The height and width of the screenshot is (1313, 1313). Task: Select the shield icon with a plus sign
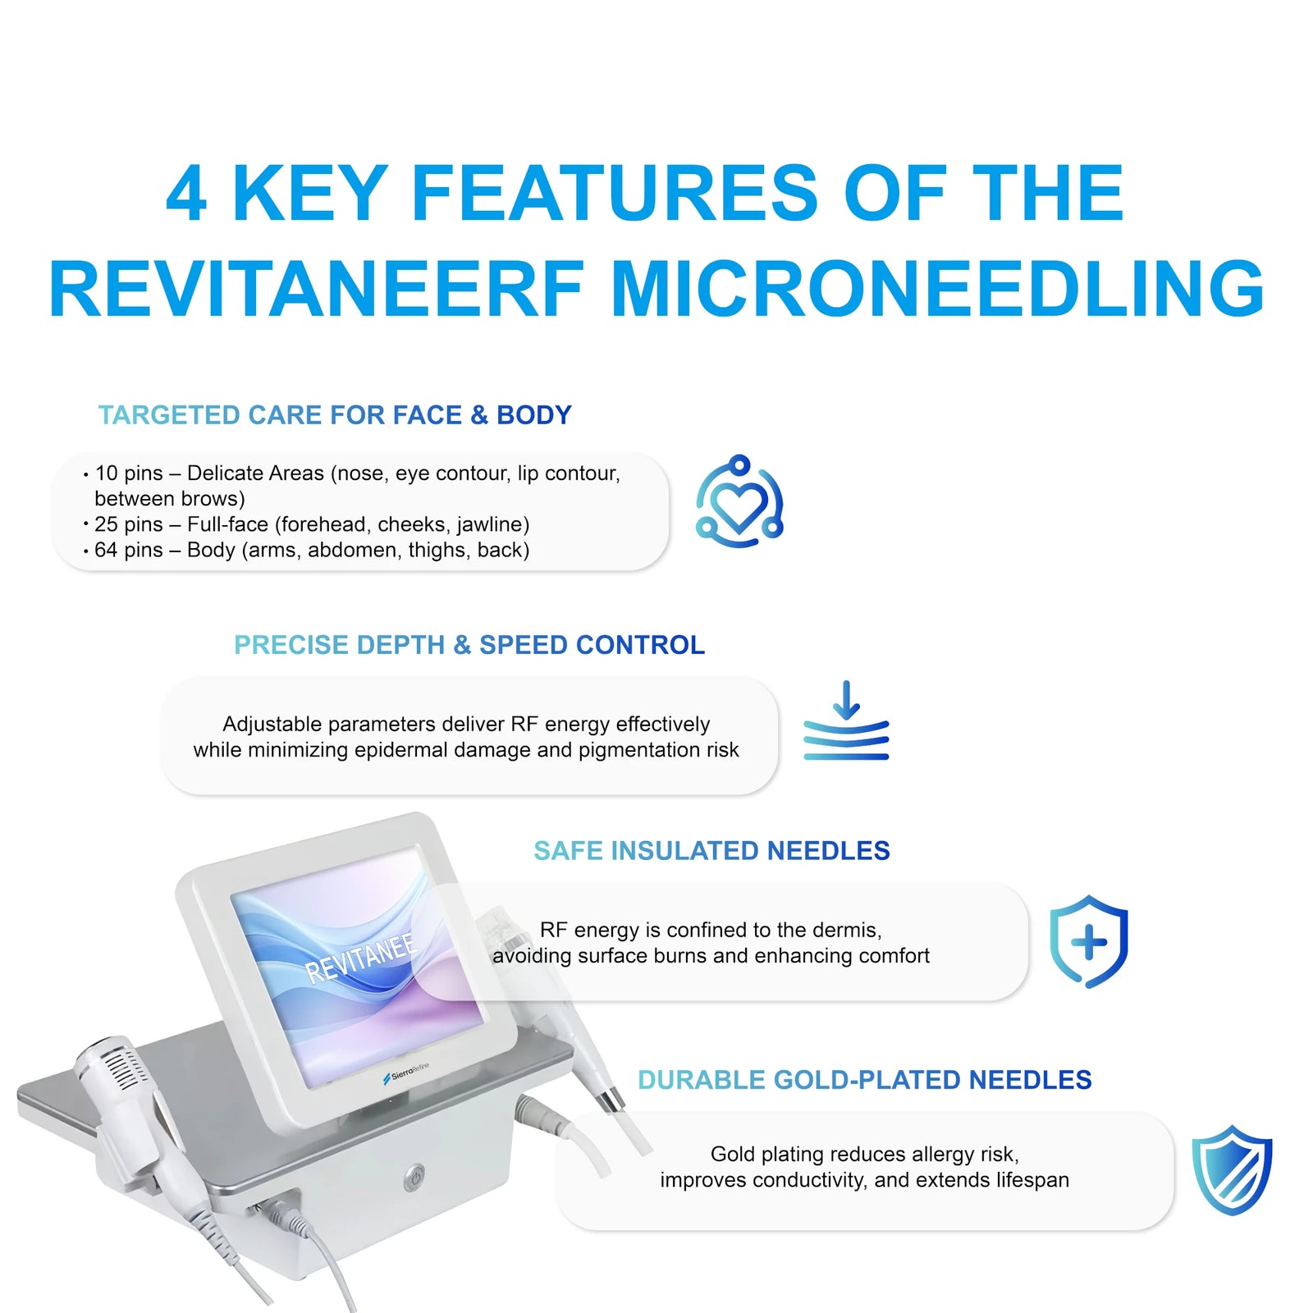click(x=1089, y=941)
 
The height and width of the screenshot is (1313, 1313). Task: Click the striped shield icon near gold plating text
click(x=1232, y=1170)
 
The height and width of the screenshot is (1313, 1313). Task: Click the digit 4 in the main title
click(x=186, y=194)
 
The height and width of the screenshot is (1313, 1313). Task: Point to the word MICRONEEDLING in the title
click(x=937, y=289)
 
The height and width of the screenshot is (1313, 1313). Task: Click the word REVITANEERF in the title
click(x=317, y=289)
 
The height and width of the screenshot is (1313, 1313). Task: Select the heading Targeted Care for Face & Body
click(x=335, y=415)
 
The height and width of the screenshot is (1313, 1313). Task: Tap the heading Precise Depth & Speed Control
click(x=469, y=645)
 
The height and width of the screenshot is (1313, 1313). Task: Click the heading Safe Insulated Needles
click(x=711, y=851)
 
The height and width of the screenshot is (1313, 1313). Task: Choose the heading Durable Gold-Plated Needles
click(x=865, y=1080)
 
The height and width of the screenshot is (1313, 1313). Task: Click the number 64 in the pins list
click(x=106, y=550)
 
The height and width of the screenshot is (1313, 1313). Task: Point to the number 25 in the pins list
click(x=106, y=524)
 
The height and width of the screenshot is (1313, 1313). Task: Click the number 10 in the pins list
click(x=106, y=474)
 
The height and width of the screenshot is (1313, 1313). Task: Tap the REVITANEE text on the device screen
click(x=361, y=958)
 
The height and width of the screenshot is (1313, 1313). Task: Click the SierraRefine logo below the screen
click(x=406, y=1073)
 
